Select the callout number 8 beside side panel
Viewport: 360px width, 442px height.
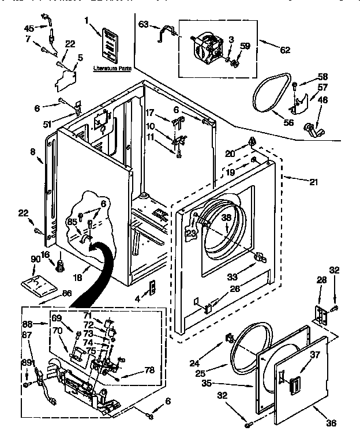[x=33, y=152]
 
